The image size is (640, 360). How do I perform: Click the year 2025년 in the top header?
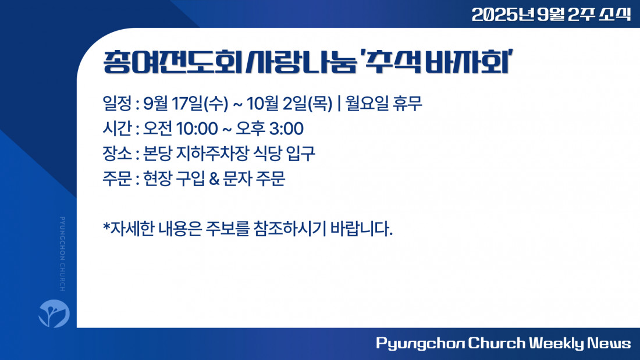[x=503, y=15]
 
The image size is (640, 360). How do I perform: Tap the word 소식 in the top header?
[x=615, y=15]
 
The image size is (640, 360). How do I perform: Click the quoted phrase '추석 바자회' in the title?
[x=436, y=62]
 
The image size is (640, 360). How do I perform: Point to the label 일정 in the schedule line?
[x=117, y=104]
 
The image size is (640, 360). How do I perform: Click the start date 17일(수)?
[x=200, y=104]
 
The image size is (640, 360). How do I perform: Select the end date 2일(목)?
[x=308, y=104]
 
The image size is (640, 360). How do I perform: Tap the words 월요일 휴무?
[x=383, y=104]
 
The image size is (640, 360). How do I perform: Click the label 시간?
[x=117, y=129]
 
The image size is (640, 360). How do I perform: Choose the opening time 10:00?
[x=197, y=129]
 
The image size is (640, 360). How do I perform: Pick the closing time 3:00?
[x=286, y=129]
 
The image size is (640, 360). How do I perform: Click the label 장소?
[x=117, y=154]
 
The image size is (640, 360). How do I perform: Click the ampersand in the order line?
[x=214, y=179]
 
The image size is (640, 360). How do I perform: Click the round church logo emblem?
[x=54, y=313]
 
